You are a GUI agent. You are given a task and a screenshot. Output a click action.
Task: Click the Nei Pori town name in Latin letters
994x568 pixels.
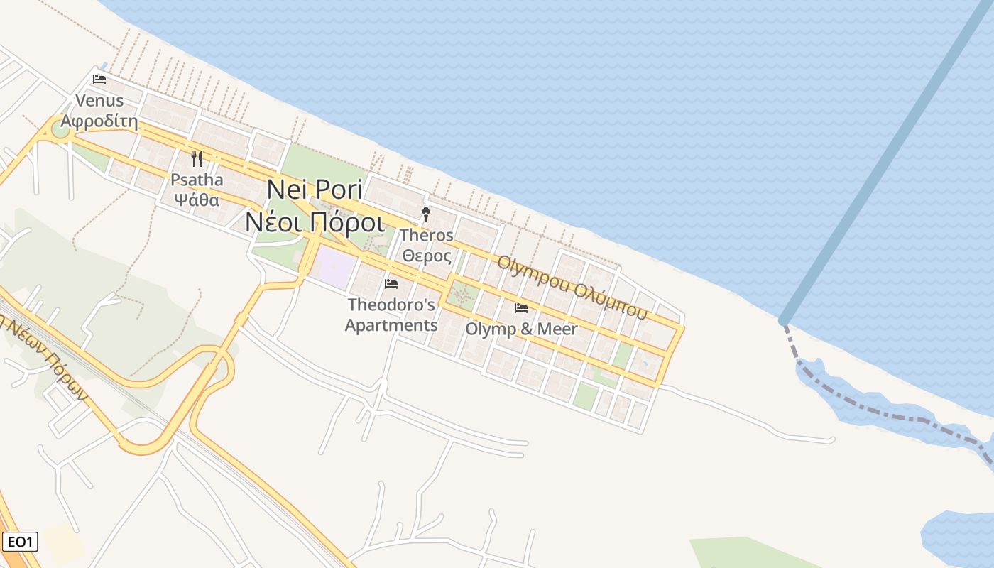(x=315, y=190)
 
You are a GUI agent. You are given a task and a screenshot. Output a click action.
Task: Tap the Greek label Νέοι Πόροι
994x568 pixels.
(x=315, y=222)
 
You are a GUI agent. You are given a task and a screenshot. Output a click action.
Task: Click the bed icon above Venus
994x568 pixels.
(x=99, y=79)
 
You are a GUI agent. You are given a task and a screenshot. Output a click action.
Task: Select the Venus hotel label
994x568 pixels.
(x=99, y=101)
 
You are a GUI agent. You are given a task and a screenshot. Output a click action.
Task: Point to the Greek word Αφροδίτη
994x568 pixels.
(x=99, y=120)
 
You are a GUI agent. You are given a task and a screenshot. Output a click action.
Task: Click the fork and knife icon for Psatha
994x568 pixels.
(x=197, y=159)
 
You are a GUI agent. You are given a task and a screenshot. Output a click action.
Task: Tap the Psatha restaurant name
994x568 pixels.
(x=197, y=179)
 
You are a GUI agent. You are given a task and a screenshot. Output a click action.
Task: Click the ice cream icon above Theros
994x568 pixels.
(x=426, y=214)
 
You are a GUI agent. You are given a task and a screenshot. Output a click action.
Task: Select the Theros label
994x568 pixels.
(x=426, y=235)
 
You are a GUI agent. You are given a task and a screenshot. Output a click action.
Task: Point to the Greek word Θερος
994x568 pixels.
(x=426, y=255)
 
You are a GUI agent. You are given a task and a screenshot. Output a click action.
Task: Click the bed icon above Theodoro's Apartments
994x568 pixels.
(x=391, y=284)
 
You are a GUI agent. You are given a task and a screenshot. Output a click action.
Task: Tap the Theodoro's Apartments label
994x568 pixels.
(x=391, y=315)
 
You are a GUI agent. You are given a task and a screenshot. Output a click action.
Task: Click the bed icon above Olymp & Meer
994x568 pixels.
(x=521, y=308)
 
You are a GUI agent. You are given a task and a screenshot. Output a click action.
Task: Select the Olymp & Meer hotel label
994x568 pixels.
(x=521, y=329)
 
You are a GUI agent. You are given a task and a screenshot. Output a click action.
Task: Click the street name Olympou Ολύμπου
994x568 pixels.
(x=572, y=285)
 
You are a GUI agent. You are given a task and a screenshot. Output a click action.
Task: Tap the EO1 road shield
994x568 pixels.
(x=19, y=542)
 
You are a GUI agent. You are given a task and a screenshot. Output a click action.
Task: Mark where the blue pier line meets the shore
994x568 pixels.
(x=784, y=321)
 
